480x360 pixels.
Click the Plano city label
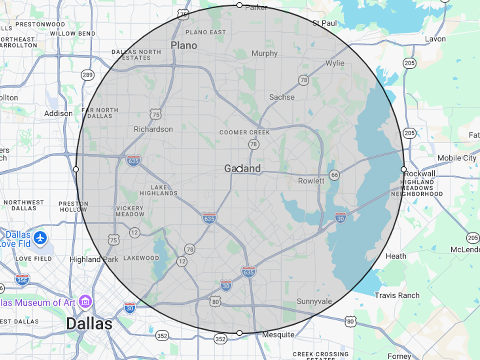(x=184, y=45)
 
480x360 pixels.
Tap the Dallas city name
(x=89, y=324)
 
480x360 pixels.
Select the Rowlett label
(x=311, y=181)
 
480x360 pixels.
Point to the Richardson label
(x=153, y=129)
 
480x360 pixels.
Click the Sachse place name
(x=282, y=97)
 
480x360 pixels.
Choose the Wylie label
(x=334, y=63)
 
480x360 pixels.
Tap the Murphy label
(x=264, y=53)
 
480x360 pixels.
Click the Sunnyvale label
(x=314, y=301)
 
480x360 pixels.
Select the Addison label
(x=58, y=114)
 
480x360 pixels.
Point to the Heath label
(x=396, y=256)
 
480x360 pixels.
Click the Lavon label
(x=435, y=39)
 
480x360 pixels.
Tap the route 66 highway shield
(x=334, y=175)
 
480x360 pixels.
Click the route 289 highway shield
(x=87, y=74)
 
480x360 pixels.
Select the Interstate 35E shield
(x=22, y=279)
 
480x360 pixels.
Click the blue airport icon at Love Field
(x=40, y=238)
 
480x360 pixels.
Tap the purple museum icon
(x=85, y=302)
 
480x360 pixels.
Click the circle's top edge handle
(x=239, y=5)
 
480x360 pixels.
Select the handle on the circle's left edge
(x=76, y=169)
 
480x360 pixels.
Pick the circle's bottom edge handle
(x=239, y=333)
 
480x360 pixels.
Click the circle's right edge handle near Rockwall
(x=403, y=169)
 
